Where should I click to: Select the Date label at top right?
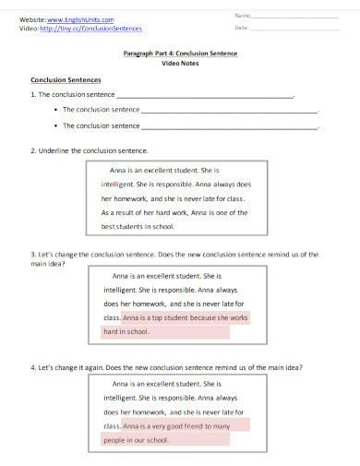point(242,28)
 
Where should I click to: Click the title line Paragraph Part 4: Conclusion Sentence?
point(180,54)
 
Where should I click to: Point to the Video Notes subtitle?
point(180,63)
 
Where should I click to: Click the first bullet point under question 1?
point(57,110)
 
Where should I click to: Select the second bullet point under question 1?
point(57,125)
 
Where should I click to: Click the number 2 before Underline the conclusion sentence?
point(33,149)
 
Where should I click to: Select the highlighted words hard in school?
point(126,331)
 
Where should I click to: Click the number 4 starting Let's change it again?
point(33,367)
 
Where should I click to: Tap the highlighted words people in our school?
point(136,440)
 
